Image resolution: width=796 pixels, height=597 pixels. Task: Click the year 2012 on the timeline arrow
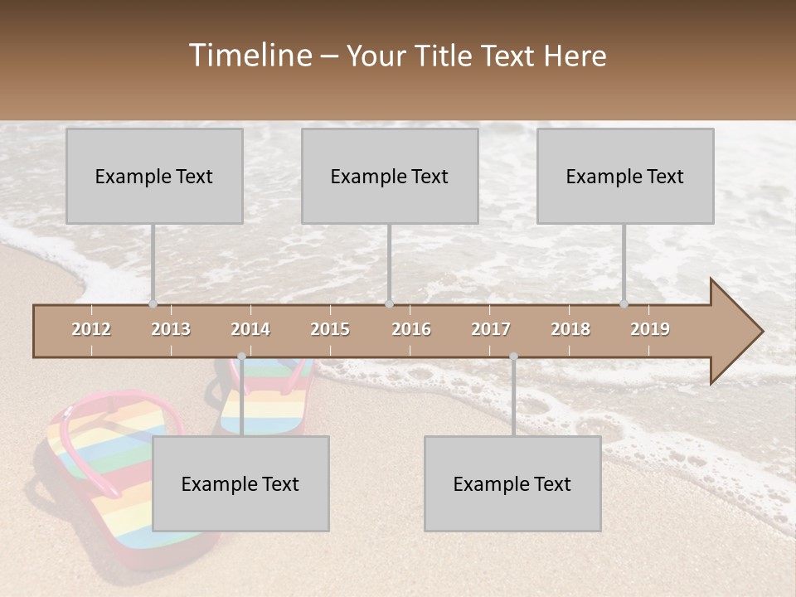click(91, 329)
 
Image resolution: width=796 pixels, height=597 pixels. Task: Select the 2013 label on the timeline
click(171, 329)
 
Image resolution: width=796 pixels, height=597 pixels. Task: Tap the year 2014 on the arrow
click(250, 329)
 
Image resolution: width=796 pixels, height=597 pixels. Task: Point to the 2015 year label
click(330, 329)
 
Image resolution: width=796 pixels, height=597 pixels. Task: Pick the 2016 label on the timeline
click(411, 329)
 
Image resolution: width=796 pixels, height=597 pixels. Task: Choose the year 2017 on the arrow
click(491, 329)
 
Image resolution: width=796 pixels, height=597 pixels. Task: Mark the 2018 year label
click(570, 329)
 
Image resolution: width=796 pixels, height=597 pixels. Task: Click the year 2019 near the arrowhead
click(650, 329)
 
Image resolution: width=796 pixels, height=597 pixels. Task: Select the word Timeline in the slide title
click(250, 56)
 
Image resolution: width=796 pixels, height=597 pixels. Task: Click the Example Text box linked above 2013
click(154, 176)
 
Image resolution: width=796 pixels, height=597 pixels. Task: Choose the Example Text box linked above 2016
click(390, 176)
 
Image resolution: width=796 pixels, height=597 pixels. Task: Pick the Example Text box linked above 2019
click(625, 176)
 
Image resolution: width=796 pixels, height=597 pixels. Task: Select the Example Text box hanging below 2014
click(240, 483)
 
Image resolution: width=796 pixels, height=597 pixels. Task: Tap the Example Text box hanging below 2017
click(512, 483)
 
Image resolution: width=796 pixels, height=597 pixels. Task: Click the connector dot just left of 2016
click(390, 304)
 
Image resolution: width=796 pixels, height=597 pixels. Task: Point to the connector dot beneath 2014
click(241, 357)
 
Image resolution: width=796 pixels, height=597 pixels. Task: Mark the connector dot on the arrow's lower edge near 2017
click(513, 357)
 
